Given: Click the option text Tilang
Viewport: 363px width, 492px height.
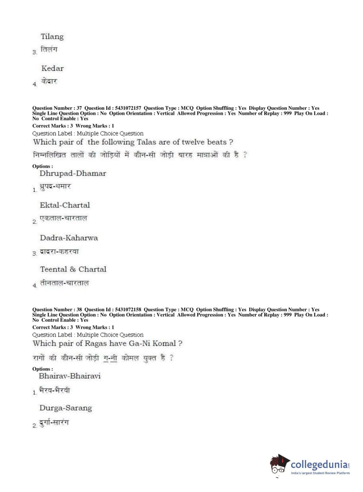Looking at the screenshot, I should coord(52,37).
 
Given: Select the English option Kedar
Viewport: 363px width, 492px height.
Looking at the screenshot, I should coord(53,68).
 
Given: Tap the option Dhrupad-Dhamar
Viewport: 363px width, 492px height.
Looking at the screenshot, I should coord(73,173).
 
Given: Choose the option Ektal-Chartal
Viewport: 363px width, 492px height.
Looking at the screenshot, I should coord(65,205).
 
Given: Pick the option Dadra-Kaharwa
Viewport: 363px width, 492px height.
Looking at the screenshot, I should coord(69,238).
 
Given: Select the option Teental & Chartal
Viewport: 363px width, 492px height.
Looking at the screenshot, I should coord(73,269).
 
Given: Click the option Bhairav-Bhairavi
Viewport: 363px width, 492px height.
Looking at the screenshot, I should coord(70,376).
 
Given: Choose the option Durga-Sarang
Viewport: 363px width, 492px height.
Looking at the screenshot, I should coord(66,408).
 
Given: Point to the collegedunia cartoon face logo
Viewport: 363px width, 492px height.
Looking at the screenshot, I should coord(279,465).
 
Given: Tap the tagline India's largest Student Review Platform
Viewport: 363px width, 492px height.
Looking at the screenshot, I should coord(320,473).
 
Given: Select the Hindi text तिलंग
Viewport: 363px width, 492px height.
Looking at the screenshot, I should coord(49,49).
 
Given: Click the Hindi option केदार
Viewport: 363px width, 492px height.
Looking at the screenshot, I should coord(49,81).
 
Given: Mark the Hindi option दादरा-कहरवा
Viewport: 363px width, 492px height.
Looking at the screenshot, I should coord(59,251).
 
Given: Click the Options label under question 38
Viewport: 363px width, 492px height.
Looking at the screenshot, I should coord(42,369).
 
